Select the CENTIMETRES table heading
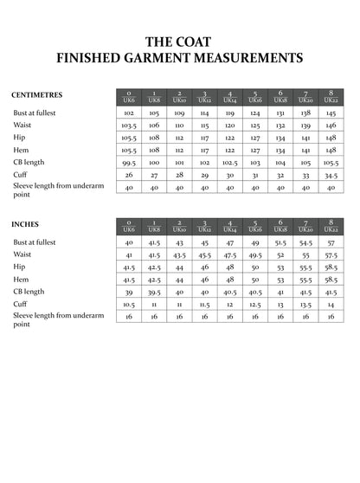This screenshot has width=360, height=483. pos(37,94)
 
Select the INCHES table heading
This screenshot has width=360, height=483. pos(25,224)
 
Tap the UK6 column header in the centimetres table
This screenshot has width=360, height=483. pos(129,96)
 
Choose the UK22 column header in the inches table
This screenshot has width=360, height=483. pos(331,226)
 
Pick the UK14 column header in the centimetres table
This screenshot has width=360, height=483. pos(230,96)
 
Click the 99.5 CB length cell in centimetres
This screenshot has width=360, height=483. pos(129,162)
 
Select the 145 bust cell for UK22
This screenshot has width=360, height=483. pos(331,113)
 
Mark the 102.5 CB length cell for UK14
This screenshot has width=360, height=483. pos(230,162)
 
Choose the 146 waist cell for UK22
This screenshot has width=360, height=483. pos(331,125)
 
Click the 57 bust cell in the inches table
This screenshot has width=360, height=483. pos(331,242)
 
